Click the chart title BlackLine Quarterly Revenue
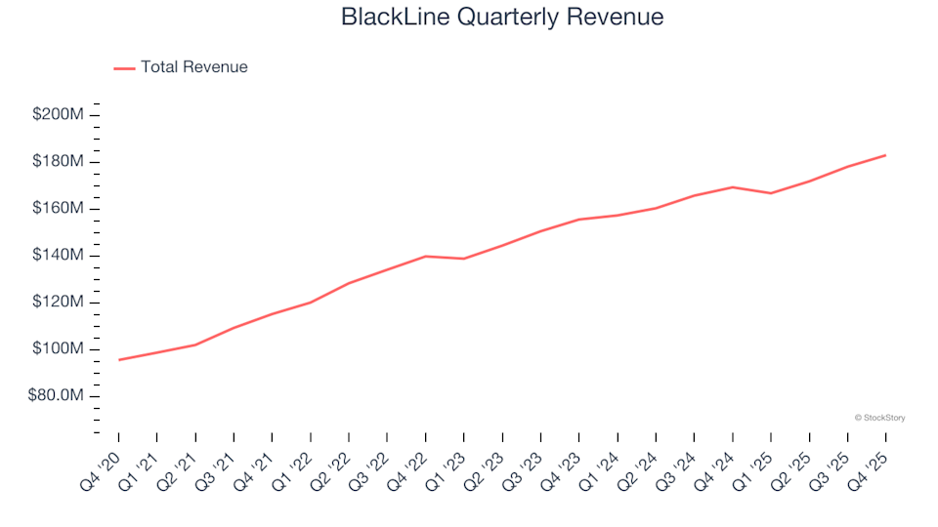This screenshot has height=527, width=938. click(x=502, y=17)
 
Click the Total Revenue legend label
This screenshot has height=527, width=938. click(x=193, y=67)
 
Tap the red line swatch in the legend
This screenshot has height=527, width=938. click(x=124, y=68)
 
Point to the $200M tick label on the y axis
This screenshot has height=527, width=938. click(x=58, y=115)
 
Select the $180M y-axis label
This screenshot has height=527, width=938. click(x=58, y=162)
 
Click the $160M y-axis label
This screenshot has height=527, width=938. click(x=58, y=209)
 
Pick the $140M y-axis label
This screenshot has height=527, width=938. click(x=58, y=256)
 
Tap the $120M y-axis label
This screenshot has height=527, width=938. click(x=58, y=303)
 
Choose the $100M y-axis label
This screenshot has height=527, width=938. click(x=58, y=349)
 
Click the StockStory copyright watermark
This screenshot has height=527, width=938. click(x=879, y=418)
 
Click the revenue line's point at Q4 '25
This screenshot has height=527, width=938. click(x=885, y=155)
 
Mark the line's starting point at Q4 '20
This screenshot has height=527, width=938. click(x=119, y=360)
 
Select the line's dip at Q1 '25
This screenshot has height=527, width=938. click(x=771, y=193)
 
